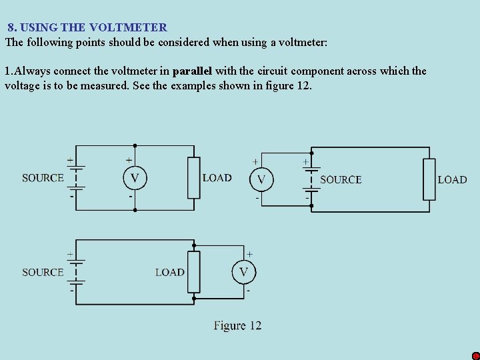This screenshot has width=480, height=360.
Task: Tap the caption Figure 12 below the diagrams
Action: [237, 325]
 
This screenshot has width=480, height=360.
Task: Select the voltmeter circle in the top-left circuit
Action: [135, 177]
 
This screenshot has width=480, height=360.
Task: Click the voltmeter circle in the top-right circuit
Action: [261, 179]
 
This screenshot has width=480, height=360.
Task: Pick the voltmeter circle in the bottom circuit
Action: [243, 271]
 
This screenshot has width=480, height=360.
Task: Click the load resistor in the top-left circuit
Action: [193, 177]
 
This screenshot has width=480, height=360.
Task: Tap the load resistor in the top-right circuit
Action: [429, 179]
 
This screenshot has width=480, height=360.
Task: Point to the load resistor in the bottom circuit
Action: [193, 272]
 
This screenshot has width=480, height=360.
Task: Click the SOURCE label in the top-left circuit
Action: [43, 178]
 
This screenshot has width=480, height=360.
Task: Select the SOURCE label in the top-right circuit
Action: [341, 179]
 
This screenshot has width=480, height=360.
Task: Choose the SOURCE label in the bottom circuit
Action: [43, 272]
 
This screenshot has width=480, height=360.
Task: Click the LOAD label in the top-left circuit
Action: [217, 178]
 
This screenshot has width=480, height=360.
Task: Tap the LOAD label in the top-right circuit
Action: [452, 179]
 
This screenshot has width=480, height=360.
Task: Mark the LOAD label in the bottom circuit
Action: [169, 272]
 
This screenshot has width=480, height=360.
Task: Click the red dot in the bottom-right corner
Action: [475, 356]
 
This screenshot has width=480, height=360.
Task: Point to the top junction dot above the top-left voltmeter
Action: [135, 145]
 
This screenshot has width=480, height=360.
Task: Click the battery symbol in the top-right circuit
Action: [311, 179]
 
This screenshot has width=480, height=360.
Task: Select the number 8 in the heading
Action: [11, 27]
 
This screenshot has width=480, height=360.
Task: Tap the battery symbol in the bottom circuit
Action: [76, 272]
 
